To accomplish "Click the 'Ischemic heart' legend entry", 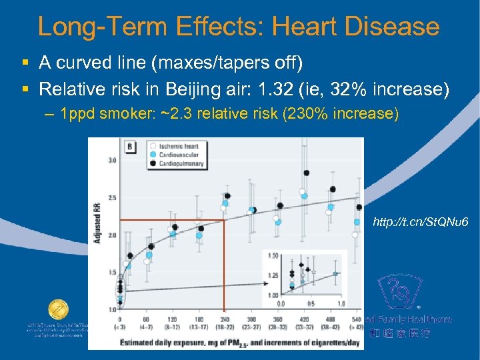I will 179,146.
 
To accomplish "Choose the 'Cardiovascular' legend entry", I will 179,155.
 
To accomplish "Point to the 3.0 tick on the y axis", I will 112,160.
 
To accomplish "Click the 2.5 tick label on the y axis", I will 112,198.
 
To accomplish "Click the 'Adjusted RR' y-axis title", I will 97,224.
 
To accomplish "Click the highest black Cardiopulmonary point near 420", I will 306,173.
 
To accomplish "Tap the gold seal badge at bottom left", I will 57,311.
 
